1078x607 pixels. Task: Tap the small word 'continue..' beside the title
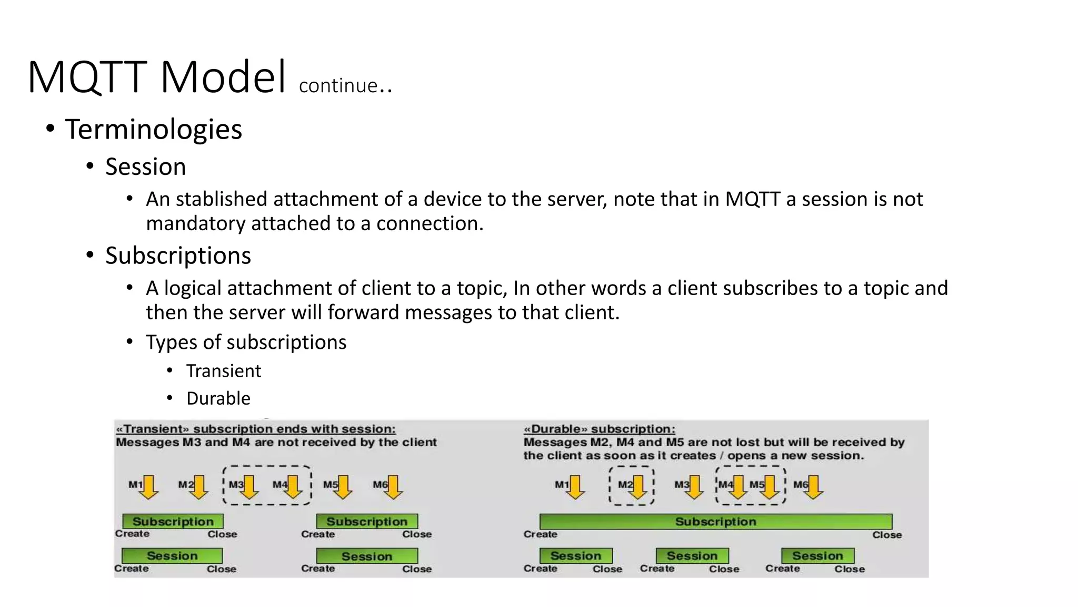345,85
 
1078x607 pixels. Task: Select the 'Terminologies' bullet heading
153,129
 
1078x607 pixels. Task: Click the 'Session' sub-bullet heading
145,167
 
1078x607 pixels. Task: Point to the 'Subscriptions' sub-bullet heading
178,256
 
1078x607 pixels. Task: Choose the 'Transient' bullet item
223,371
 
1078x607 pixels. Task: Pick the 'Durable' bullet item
218,398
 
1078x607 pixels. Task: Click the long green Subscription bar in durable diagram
715,522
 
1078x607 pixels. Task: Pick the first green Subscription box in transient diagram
173,522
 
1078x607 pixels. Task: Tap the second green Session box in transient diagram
367,556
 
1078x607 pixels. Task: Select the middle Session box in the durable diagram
692,556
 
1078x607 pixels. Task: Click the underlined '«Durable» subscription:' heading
599,429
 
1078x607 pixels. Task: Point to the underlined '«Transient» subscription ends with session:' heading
255,429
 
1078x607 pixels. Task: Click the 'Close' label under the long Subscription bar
886,535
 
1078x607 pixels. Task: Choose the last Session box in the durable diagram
817,556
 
